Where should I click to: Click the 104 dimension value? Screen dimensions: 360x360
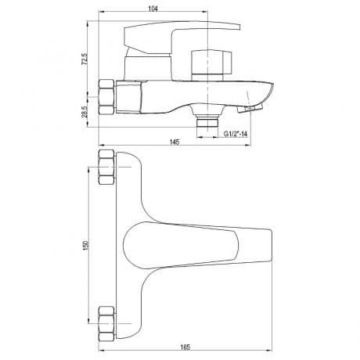coord(153,9)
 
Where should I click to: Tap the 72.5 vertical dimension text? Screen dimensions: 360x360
coord(85,59)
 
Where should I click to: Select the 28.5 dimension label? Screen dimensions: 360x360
coord(85,112)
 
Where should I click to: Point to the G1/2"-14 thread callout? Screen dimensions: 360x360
coord(236,134)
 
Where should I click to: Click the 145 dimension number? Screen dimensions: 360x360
coord(175,142)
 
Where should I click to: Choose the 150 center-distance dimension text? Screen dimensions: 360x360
coord(86,245)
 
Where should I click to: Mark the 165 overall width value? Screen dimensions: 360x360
coord(185,347)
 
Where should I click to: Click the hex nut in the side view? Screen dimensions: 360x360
coord(106,97)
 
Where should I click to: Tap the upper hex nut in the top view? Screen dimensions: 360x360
coord(106,167)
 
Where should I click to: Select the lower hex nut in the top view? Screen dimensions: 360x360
coord(106,323)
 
